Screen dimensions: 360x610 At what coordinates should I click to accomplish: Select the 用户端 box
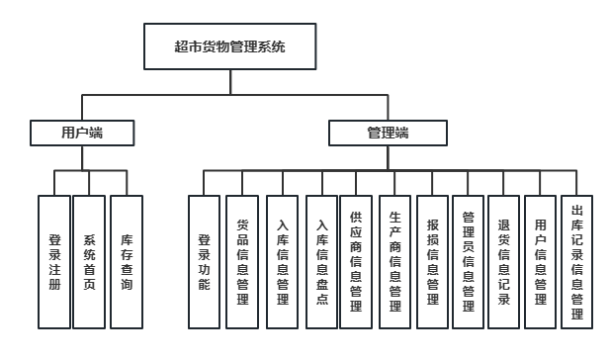coord(82,132)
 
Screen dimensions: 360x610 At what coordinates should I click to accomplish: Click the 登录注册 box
coord(54,262)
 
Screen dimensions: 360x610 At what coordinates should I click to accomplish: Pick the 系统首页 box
coord(90,262)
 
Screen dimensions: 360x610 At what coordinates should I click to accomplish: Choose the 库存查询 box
coord(127,262)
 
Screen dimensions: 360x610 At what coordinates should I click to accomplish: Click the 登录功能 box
coord(205,262)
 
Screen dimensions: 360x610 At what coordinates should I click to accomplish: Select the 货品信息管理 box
coord(242,262)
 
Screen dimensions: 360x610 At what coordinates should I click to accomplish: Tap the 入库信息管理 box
coord(283,262)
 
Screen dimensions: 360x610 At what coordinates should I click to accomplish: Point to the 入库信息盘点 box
coord(321,262)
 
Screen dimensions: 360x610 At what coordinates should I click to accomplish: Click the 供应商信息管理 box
coord(356,262)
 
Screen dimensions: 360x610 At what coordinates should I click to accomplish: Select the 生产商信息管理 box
coord(393,262)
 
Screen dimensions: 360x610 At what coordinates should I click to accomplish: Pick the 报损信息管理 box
coord(432,262)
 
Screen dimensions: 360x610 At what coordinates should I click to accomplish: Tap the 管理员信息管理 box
coord(469,262)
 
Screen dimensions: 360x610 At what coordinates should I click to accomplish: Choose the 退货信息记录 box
coord(503,262)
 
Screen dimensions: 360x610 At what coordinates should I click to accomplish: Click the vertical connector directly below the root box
coord(229,83)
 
